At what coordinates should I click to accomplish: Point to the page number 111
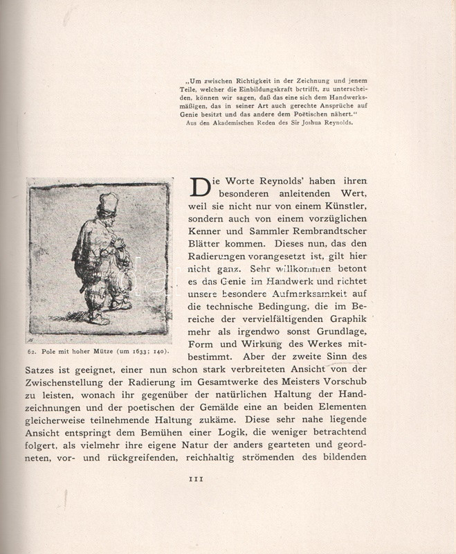tap(197, 478)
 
